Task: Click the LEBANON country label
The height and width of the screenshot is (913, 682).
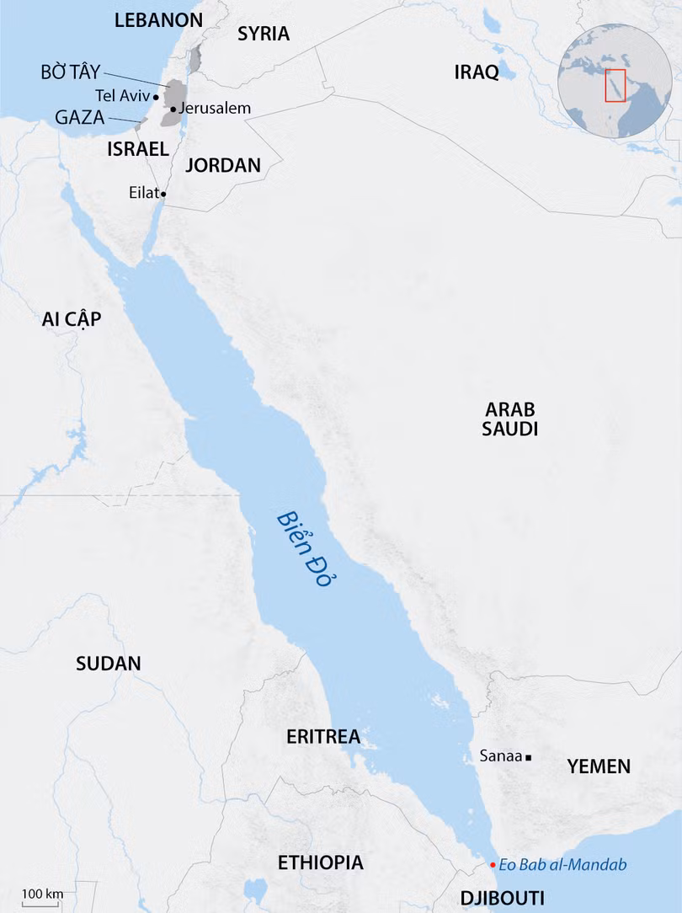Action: tap(158, 20)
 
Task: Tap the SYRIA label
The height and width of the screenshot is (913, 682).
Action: tap(263, 34)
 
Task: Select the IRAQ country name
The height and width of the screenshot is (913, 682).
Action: tap(477, 72)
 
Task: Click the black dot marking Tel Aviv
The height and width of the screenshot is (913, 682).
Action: tap(157, 97)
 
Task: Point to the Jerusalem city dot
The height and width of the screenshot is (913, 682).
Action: tap(173, 109)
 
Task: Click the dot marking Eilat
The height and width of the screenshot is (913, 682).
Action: tap(163, 194)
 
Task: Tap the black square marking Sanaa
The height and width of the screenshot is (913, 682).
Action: tap(528, 757)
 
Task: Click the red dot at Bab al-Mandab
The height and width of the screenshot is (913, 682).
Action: tap(493, 865)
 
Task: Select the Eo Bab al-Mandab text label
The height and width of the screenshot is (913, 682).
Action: tap(562, 865)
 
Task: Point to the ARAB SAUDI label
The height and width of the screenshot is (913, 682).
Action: tap(510, 419)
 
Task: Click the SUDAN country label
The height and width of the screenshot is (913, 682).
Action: tap(109, 663)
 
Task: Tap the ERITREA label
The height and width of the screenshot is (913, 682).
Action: tap(323, 737)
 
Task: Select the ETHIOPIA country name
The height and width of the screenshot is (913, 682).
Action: tap(321, 862)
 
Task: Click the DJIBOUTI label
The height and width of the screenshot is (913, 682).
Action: tap(502, 896)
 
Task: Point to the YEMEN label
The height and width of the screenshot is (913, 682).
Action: tap(599, 766)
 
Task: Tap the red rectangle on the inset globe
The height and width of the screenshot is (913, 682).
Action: tap(615, 85)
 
